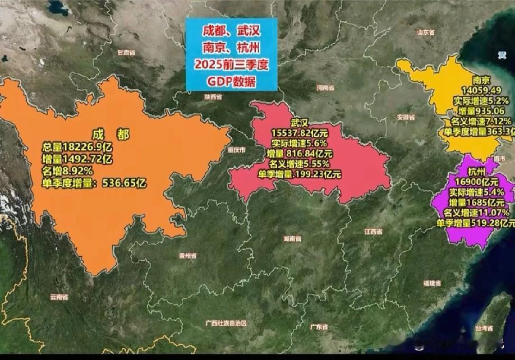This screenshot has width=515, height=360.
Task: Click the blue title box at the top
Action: pos(231,54)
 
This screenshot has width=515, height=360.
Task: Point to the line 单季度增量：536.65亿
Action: pos(94,182)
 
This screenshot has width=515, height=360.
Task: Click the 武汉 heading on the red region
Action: pos(300,122)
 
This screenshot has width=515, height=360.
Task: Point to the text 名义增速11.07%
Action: pos(477,213)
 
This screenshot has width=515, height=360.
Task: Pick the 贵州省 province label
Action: pos(188,256)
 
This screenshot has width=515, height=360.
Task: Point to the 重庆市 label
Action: pos(237,150)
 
